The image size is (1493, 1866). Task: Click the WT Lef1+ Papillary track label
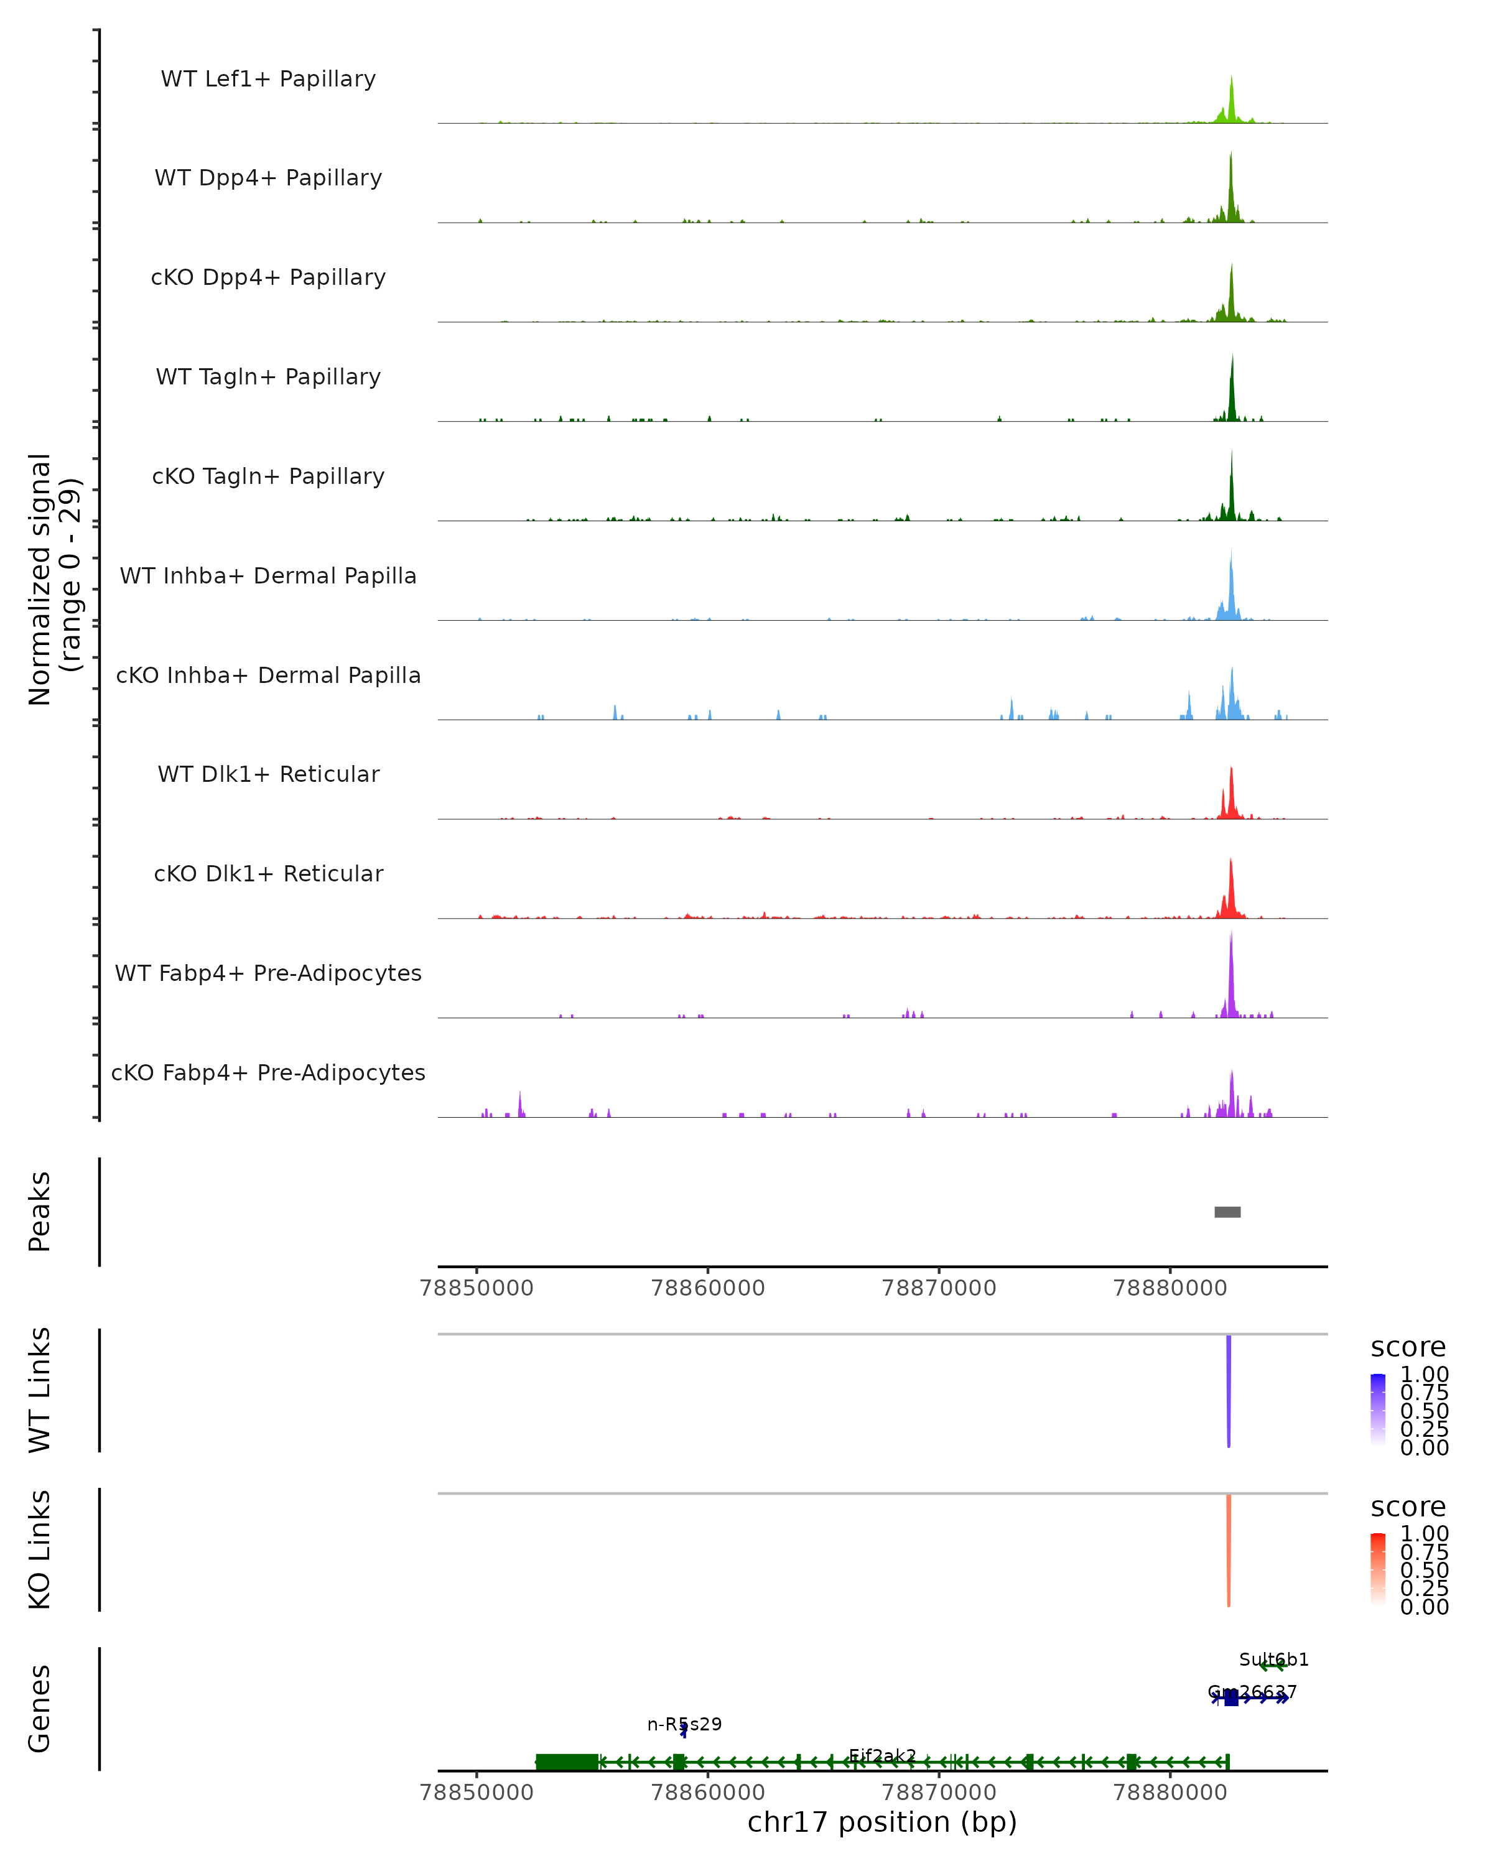(x=268, y=79)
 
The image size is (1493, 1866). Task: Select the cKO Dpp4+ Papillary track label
(x=268, y=277)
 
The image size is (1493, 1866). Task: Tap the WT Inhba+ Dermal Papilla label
(x=268, y=575)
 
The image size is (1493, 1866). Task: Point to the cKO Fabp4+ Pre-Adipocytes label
(x=268, y=1072)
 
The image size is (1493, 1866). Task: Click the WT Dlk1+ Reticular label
(x=268, y=774)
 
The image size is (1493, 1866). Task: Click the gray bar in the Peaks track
(x=1227, y=1212)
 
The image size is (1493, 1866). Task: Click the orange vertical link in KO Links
(x=1228, y=1550)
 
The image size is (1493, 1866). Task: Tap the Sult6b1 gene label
(x=1273, y=1659)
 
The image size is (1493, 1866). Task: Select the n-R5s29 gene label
(x=684, y=1724)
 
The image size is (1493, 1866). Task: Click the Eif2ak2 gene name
(x=882, y=1755)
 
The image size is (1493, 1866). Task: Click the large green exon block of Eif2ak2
(x=567, y=1762)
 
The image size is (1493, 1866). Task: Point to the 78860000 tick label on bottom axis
(x=707, y=1791)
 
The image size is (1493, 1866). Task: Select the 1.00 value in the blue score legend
(x=1424, y=1375)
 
